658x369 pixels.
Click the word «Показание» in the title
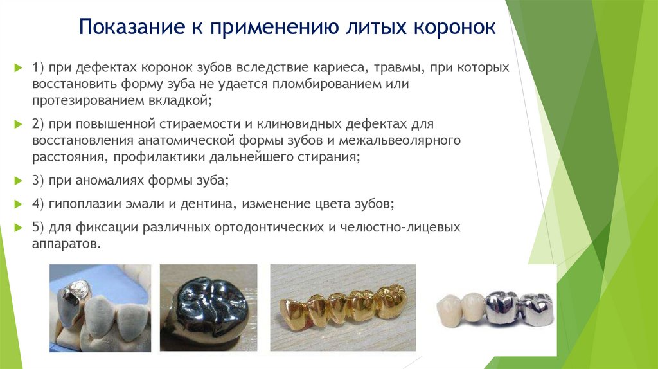132,27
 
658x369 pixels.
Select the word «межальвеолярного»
400,140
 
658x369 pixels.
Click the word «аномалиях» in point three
109,181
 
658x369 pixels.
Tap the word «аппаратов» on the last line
66,244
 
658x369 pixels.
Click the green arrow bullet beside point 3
18,181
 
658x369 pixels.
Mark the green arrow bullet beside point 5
18,228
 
